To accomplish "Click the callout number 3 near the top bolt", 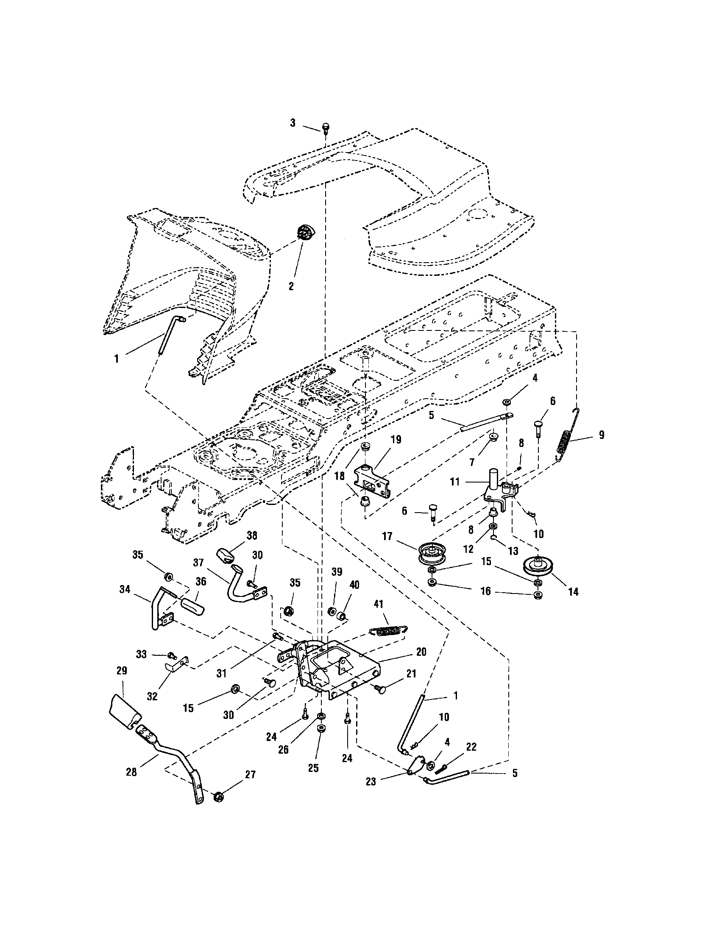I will click(293, 123).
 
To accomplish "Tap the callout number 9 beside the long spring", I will click(601, 435).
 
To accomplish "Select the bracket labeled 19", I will click(371, 481).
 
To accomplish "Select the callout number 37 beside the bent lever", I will click(198, 563).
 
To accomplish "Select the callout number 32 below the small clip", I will click(152, 696).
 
